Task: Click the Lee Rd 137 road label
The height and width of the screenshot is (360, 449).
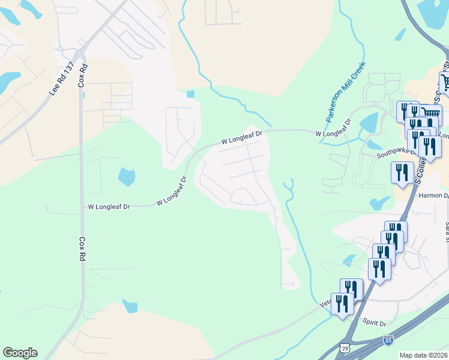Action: [x=61, y=79]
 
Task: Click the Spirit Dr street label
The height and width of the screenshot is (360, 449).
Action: [x=375, y=323]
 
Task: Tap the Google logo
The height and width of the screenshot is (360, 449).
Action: [x=20, y=353]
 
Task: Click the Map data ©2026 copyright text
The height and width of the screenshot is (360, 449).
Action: [x=423, y=355]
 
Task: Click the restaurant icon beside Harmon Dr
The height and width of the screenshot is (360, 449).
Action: [x=402, y=172]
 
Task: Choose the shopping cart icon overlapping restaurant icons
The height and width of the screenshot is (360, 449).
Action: [x=430, y=113]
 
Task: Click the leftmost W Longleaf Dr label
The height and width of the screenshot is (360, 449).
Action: [x=109, y=206]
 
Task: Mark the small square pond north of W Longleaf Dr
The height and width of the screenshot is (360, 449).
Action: [x=191, y=94]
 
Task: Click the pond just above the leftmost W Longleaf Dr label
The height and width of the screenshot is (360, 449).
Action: [x=127, y=176]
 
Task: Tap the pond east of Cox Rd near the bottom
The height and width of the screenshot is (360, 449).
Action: [x=130, y=306]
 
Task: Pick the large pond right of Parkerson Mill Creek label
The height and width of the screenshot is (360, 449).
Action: [x=368, y=123]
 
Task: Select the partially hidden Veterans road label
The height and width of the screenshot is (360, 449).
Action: [x=326, y=304]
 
